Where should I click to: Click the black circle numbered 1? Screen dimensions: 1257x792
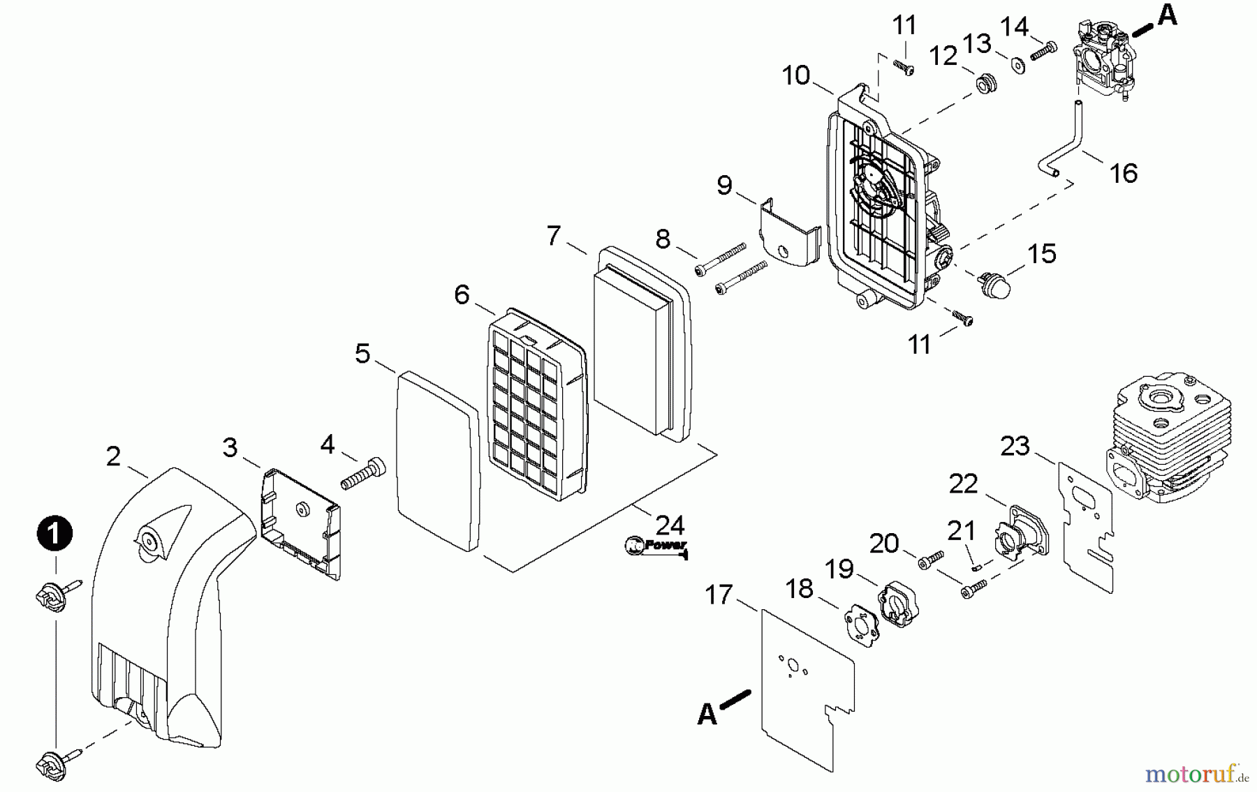click(x=54, y=535)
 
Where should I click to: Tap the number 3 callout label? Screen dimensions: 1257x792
click(x=230, y=447)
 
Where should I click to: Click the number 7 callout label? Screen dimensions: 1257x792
click(x=554, y=236)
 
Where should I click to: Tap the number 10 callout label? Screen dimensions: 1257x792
click(x=795, y=75)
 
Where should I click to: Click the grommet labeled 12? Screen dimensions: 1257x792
click(x=985, y=84)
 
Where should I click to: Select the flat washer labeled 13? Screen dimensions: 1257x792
click(x=1017, y=65)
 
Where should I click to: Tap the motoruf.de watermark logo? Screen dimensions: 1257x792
click(x=1196, y=773)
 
